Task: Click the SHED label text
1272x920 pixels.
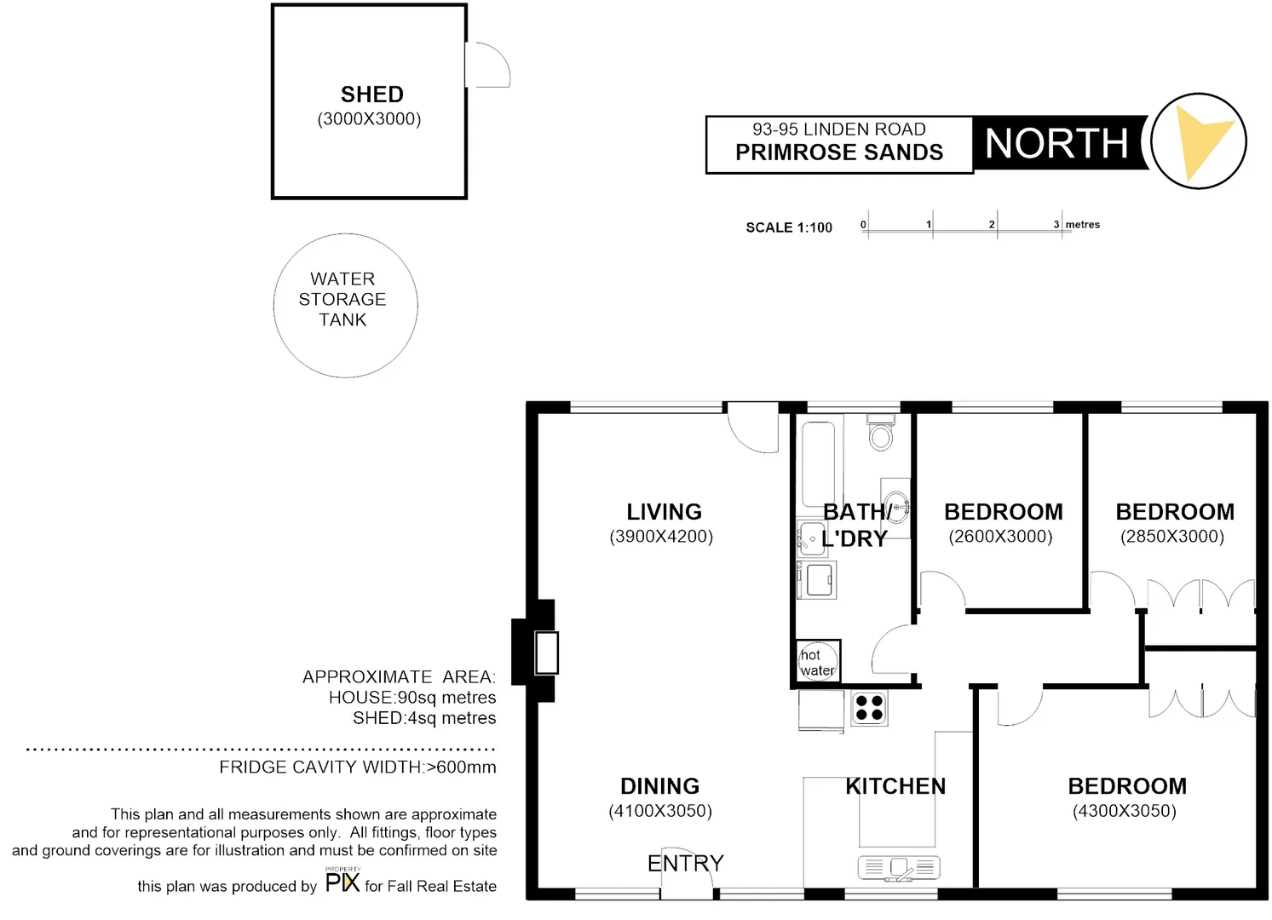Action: [371, 95]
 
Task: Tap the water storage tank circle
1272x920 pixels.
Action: [345, 305]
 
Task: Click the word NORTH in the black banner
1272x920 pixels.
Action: [1056, 143]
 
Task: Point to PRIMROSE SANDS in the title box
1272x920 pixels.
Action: [839, 152]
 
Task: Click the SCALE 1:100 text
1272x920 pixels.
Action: [789, 227]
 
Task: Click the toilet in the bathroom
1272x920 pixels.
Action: [880, 434]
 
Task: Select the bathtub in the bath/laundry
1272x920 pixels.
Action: [818, 464]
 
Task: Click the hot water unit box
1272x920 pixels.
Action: [818, 661]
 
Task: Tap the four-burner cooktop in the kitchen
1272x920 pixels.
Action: [869, 708]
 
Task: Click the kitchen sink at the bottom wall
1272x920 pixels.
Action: [899, 868]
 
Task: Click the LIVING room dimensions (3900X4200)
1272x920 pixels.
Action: [661, 537]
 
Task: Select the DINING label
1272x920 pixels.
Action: [659, 786]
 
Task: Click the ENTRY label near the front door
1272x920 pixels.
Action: [685, 864]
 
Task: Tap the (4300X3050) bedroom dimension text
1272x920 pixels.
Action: [1124, 811]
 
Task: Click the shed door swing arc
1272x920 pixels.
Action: [489, 65]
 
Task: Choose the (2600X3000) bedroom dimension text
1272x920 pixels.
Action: [1000, 537]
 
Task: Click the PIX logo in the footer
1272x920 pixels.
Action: [342, 882]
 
